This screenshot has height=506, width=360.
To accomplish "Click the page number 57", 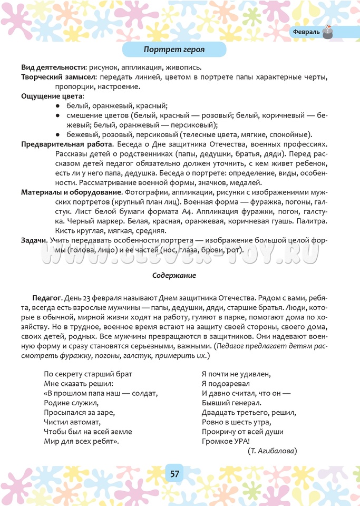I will pos(174,473).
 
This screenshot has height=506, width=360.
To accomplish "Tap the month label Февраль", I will pos(306,32).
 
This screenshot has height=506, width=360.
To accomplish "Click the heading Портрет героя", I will pos(174,50).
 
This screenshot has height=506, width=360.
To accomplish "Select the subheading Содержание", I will pos(174,275).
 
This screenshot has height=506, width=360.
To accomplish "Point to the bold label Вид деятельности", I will pos(53,67).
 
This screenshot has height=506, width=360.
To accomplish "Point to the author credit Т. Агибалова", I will pos(272,451).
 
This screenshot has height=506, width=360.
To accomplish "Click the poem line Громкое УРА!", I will pos(226,441).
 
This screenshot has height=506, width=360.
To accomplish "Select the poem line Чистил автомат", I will pos(72,422).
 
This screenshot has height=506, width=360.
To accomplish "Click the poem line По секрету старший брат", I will pos(88,374).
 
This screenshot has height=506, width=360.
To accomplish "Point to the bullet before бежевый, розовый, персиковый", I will pos(57,134).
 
